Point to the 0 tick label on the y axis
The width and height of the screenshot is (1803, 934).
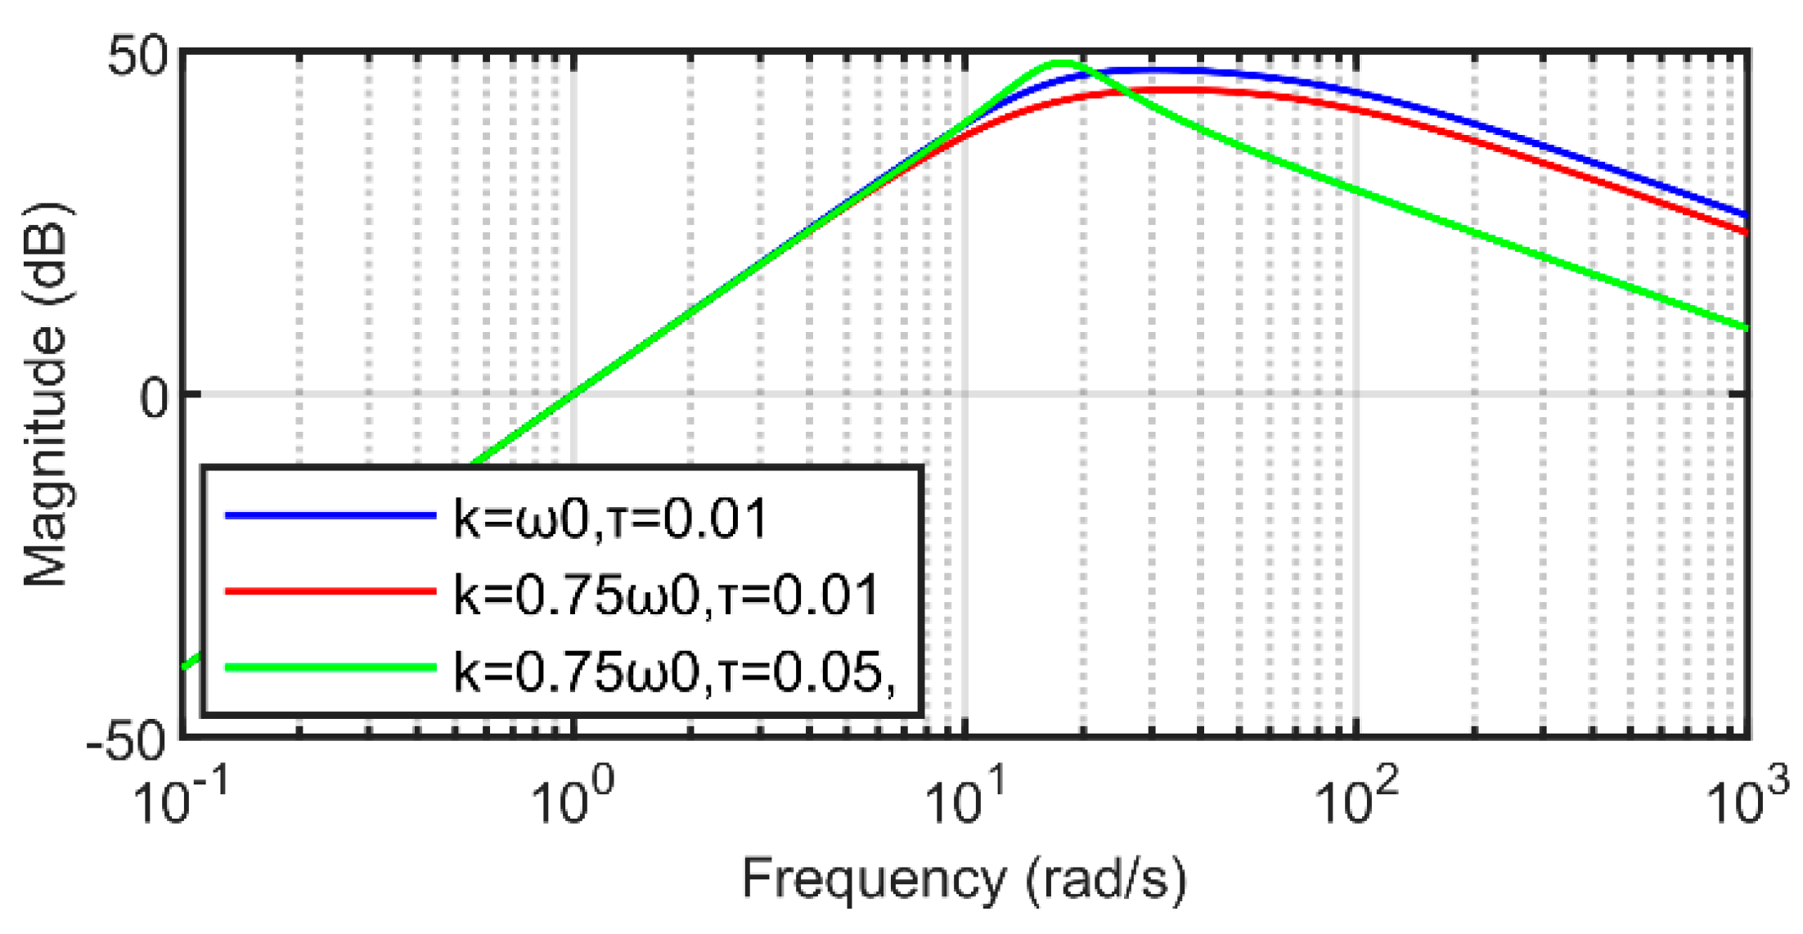pyautogui.click(x=154, y=399)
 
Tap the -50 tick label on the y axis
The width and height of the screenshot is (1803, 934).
pyautogui.click(x=126, y=743)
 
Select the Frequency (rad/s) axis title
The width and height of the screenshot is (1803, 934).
pyautogui.click(x=964, y=880)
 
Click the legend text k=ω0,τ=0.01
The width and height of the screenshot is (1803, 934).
pyautogui.click(x=610, y=518)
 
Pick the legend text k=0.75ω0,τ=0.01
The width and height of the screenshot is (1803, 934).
pyautogui.click(x=666, y=594)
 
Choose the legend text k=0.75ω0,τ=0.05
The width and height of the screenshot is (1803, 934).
pyautogui.click(x=672, y=671)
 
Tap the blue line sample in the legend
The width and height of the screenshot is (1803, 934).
pyautogui.click(x=330, y=515)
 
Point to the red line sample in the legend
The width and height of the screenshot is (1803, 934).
pyautogui.click(x=330, y=590)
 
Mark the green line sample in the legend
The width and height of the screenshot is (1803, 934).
pyautogui.click(x=330, y=667)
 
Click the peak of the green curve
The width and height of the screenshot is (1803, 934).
pyautogui.click(x=1060, y=63)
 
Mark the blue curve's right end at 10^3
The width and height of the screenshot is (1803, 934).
pyautogui.click(x=1746, y=215)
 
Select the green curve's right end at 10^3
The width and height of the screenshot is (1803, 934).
pyautogui.click(x=1746, y=328)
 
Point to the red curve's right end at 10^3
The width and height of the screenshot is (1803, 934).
pyautogui.click(x=1746, y=232)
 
